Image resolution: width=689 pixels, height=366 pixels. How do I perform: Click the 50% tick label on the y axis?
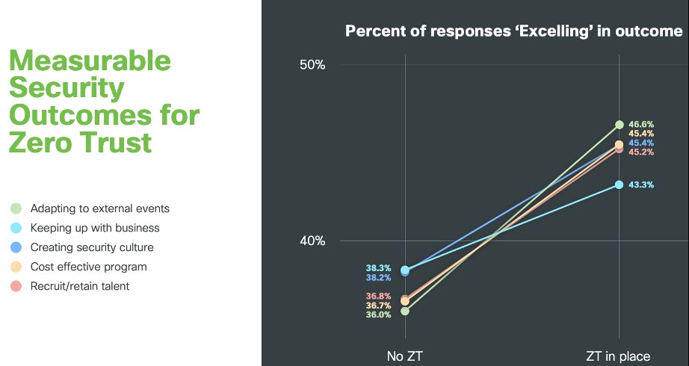(x=312, y=65)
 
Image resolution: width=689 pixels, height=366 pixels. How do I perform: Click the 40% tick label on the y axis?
(x=312, y=241)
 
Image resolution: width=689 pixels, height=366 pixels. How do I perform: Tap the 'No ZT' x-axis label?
(x=405, y=356)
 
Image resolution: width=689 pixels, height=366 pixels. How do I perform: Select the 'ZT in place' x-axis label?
(x=618, y=356)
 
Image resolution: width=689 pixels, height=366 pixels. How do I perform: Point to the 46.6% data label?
(x=641, y=124)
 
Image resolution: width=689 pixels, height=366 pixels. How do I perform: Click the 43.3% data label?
(x=641, y=185)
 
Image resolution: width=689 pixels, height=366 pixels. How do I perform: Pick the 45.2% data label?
(x=641, y=152)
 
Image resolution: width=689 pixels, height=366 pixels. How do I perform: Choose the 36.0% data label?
(x=378, y=314)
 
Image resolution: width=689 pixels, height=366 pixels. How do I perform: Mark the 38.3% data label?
(x=378, y=268)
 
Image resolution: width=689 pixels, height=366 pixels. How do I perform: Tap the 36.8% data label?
(x=378, y=296)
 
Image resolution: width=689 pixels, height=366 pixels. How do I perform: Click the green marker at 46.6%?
(x=620, y=125)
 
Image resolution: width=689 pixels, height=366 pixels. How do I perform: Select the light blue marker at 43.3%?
(x=620, y=184)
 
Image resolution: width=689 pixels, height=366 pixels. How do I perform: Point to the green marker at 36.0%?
(x=405, y=311)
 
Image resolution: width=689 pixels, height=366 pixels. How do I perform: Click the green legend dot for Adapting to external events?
(x=16, y=208)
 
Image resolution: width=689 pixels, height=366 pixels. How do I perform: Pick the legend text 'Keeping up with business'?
(x=95, y=228)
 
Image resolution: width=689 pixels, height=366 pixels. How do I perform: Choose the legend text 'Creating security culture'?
(x=92, y=247)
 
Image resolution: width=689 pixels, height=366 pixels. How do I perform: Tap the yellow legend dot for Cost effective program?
(x=16, y=267)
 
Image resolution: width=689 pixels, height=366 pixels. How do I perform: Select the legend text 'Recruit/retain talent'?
(x=79, y=286)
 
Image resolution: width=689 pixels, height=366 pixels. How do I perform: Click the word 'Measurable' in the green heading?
(x=90, y=61)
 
